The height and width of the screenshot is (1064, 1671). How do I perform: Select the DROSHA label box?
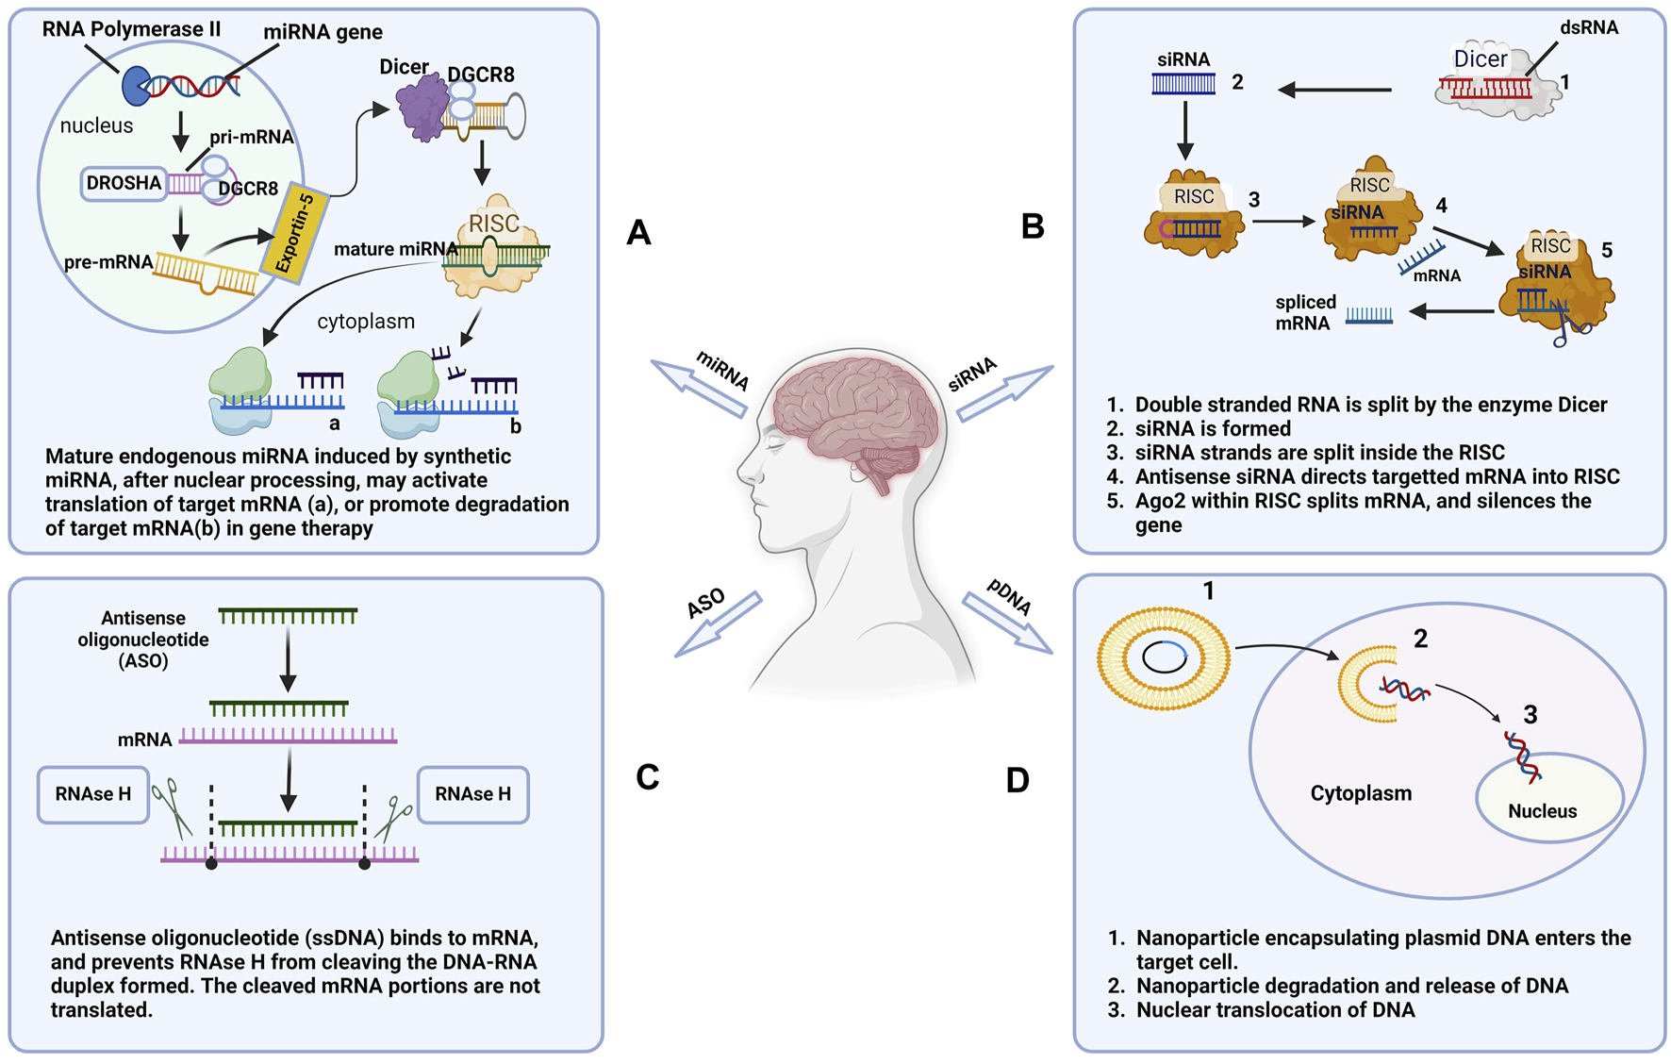pos(124,183)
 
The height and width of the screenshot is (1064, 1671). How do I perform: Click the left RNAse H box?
pos(92,794)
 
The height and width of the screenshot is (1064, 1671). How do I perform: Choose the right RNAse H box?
pos(472,794)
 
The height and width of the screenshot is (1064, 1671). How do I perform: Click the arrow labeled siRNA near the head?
pos(1005,392)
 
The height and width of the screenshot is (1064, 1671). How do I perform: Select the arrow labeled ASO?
pos(718,624)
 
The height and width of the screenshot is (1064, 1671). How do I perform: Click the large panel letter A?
pos(638,232)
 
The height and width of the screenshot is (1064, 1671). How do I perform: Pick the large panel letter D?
pos(1017,780)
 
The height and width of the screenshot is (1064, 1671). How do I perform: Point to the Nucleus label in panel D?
pos(1542,811)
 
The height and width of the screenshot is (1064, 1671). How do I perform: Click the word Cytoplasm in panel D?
pos(1361,793)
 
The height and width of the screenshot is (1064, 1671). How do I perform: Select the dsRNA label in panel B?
pos(1589,27)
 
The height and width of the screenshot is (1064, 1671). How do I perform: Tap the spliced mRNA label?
pos(1305,313)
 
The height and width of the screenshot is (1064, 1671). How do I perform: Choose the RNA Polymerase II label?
pos(131,29)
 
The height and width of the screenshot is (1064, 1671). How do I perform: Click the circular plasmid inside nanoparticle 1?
pos(1164,657)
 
